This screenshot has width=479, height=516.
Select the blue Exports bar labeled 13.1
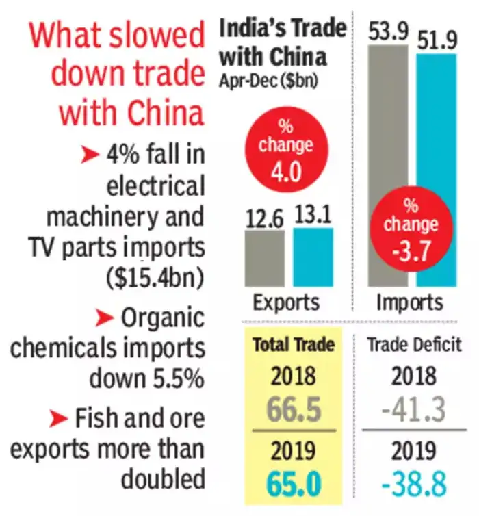click(313, 257)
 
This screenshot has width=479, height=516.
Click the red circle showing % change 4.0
click(285, 157)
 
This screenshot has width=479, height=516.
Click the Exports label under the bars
click(286, 302)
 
